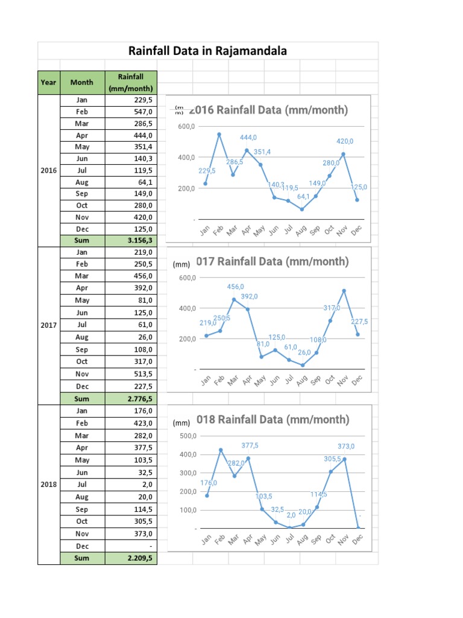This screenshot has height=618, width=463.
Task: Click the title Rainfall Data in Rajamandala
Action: click(208, 51)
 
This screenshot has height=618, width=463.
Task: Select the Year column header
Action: click(48, 82)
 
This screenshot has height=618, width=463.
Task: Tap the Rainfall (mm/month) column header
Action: click(131, 82)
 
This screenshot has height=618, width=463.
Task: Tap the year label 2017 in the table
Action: click(48, 325)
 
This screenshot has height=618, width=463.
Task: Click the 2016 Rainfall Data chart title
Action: click(268, 110)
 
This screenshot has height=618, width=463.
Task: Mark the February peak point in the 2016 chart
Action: click(219, 134)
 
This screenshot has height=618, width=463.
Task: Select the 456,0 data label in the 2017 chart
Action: click(236, 287)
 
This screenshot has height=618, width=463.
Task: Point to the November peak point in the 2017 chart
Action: click(344, 291)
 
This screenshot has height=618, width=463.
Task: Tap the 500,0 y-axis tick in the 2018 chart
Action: click(187, 436)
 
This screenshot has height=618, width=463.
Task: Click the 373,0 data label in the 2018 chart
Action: click(346, 446)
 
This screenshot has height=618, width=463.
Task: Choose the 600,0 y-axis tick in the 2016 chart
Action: click(186, 127)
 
